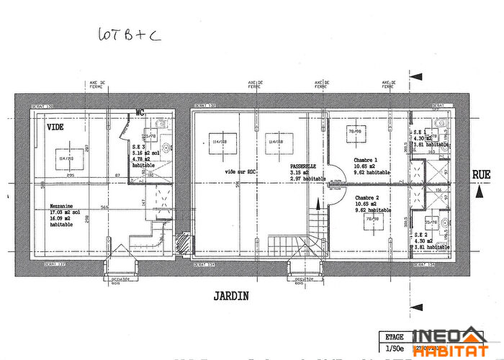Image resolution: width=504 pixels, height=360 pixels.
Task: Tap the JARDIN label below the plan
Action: point(231,295)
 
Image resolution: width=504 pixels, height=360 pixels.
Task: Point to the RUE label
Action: point(482,174)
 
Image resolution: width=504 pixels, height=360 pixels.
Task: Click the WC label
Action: point(140,112)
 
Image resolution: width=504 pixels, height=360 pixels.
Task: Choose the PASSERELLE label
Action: point(284,167)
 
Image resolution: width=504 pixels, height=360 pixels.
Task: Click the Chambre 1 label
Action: point(366,160)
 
